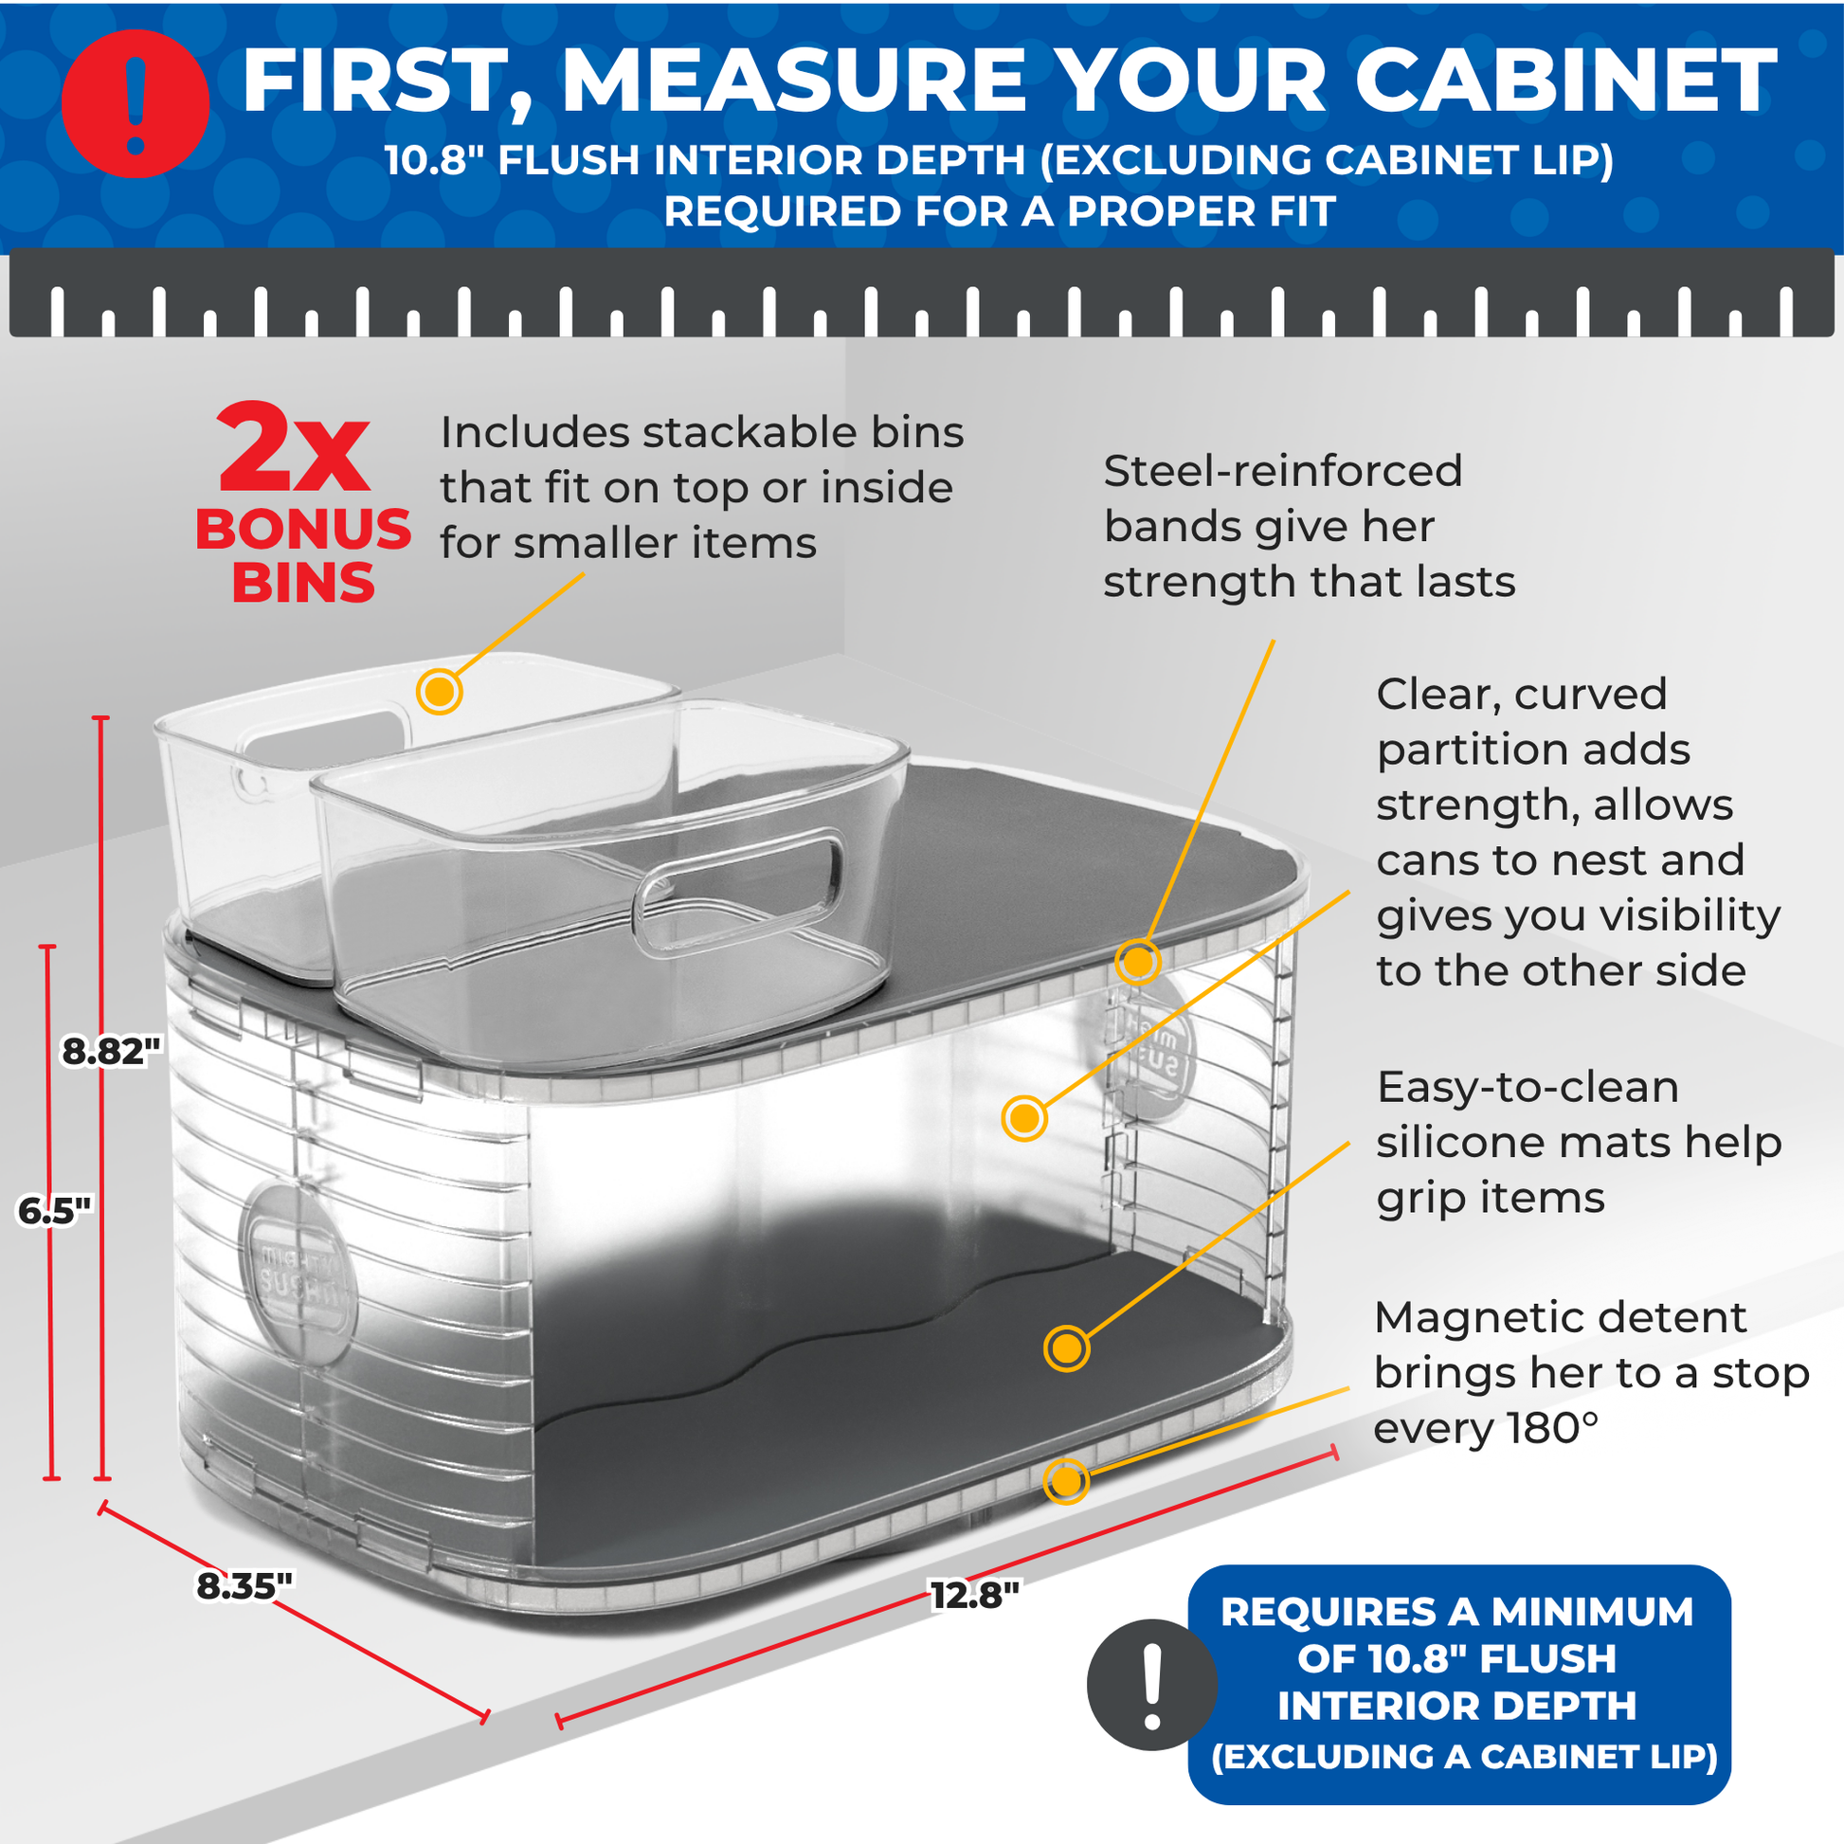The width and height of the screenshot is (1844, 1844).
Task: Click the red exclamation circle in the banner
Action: [x=136, y=104]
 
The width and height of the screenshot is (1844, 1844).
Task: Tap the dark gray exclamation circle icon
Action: [x=1152, y=1685]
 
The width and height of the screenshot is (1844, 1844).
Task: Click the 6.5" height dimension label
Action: [x=54, y=1211]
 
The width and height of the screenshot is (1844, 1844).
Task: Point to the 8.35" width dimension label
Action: [x=244, y=1585]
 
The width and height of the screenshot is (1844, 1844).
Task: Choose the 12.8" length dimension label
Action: [x=975, y=1594]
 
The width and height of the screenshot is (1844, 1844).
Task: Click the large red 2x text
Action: [x=293, y=447]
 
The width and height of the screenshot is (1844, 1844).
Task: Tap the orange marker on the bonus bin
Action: [x=439, y=691]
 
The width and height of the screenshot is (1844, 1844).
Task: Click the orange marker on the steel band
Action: [x=1137, y=962]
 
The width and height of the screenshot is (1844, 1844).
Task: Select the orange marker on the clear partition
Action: [x=1024, y=1117]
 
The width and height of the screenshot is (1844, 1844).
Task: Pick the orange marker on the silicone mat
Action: [x=1066, y=1347]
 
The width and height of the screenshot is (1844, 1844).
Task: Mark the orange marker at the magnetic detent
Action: [x=1066, y=1480]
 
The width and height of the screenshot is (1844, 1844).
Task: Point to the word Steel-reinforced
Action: [x=1283, y=472]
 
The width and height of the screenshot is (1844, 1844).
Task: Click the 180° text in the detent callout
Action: [x=1552, y=1429]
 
